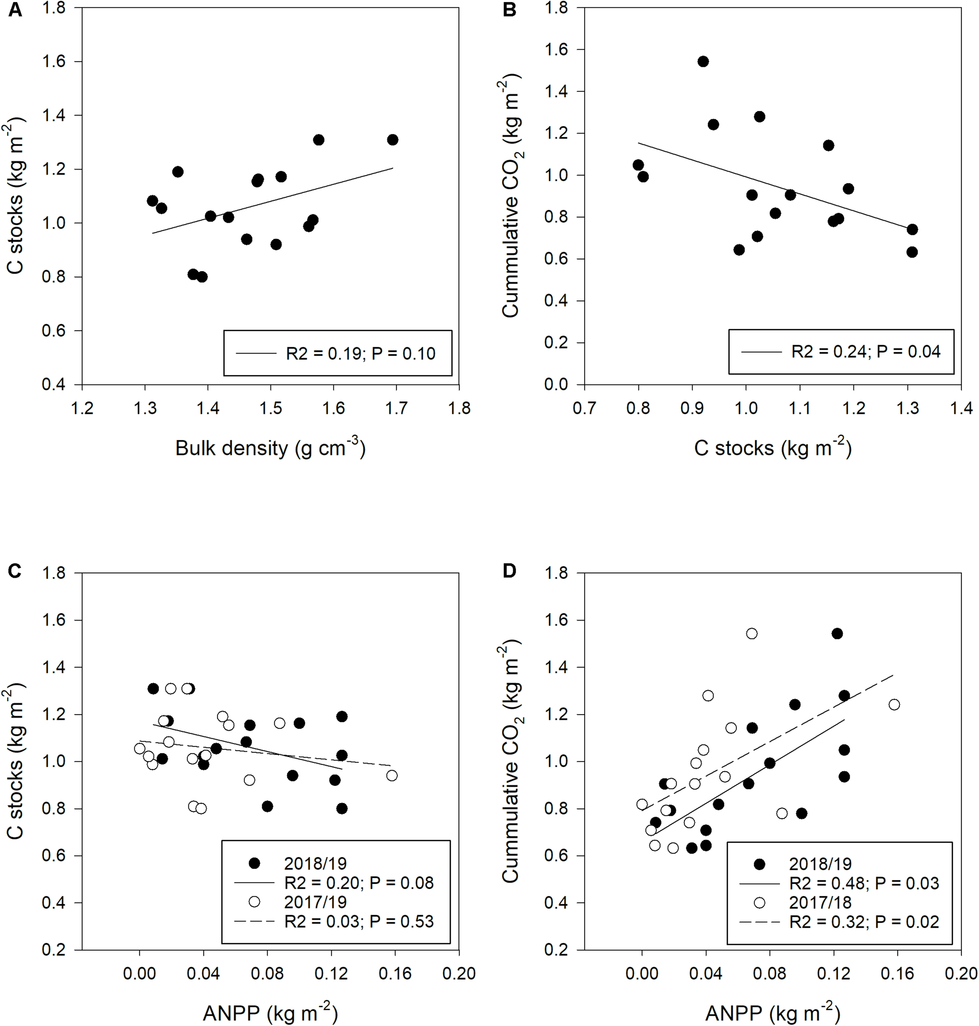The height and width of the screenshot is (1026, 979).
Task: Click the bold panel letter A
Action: [x=16, y=10]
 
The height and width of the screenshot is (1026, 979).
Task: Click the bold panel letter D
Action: [x=509, y=571]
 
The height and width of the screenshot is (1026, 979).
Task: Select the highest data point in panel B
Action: [x=702, y=62]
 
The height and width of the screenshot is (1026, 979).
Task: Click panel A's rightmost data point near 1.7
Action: [x=392, y=140]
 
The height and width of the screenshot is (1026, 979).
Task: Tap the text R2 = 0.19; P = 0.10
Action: [x=360, y=353]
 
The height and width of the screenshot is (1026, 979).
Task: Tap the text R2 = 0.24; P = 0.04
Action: [x=866, y=351]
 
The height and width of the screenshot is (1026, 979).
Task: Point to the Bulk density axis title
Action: [x=270, y=448]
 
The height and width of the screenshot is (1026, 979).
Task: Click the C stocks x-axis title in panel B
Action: [x=773, y=448]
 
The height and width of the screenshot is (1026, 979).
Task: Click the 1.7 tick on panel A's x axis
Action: [x=396, y=408]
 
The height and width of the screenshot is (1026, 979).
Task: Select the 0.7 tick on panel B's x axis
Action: [x=585, y=408]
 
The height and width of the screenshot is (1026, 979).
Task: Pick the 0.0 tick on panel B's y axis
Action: [x=556, y=385]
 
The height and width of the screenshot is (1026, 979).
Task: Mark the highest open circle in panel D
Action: [x=752, y=634]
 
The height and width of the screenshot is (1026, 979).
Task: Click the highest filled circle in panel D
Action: [x=837, y=634]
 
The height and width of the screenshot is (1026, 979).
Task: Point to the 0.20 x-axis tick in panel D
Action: [x=961, y=973]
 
